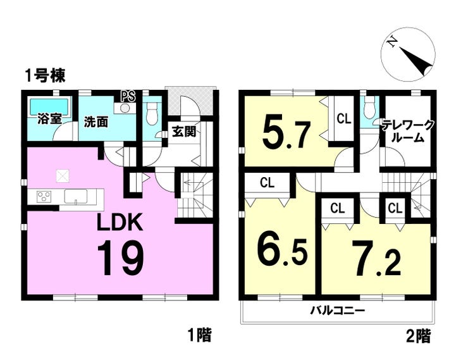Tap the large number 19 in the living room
tap(121, 259)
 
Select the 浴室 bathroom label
tap(49, 120)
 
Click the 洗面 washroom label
tap(95, 122)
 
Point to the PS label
tap(128, 96)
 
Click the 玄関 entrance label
tap(184, 132)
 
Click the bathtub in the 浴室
tap(49, 106)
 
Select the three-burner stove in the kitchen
tap(44, 196)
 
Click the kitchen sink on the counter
tap(76, 196)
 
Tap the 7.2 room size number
tap(376, 259)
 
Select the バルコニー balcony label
tap(338, 311)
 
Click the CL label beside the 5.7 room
tap(343, 119)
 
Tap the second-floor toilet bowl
tap(369, 108)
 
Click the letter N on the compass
tap(391, 42)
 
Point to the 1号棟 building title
tap(46, 76)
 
